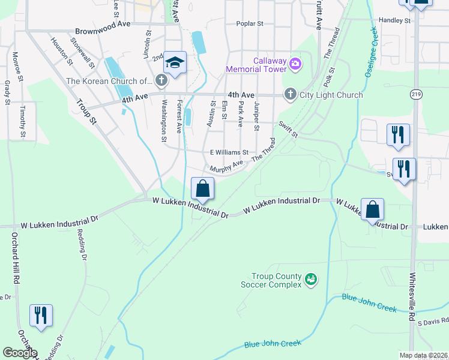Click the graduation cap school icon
(175, 63)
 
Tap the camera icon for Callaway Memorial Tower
(295, 63)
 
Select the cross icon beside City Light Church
(290, 94)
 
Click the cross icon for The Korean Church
(161, 80)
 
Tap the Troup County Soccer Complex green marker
(310, 279)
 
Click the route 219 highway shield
(415, 94)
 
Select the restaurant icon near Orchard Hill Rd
(41, 315)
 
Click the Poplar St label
(252, 24)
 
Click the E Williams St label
(229, 152)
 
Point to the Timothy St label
(22, 122)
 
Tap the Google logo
(19, 353)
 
